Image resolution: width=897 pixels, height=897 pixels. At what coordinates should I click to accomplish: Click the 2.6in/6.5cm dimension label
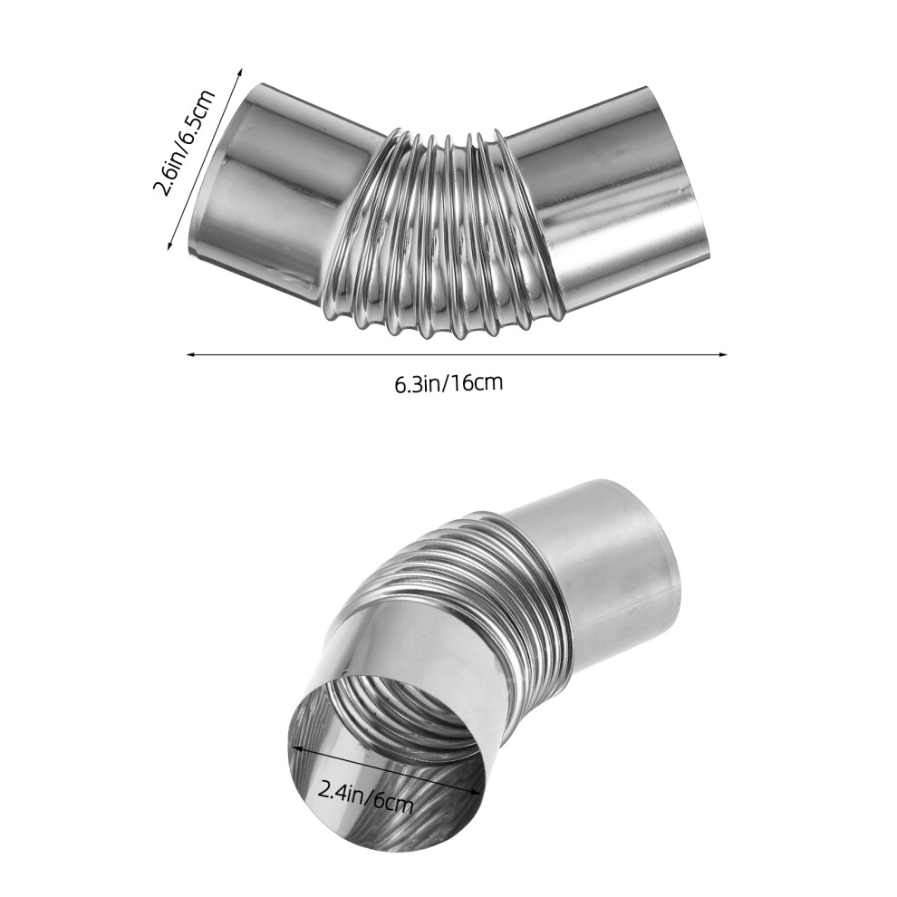183,143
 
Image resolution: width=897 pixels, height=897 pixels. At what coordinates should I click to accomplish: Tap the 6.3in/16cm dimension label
448,383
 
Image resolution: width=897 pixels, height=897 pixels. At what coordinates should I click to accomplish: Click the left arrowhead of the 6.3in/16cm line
192,354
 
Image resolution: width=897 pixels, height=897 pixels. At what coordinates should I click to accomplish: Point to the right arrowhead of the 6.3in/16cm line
721,354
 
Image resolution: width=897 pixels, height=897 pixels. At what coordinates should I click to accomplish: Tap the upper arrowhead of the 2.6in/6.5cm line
240,72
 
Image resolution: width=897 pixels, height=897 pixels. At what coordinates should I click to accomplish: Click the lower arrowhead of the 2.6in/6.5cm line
170,245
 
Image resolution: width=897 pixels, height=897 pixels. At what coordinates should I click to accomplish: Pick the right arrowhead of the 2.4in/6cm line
475,791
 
